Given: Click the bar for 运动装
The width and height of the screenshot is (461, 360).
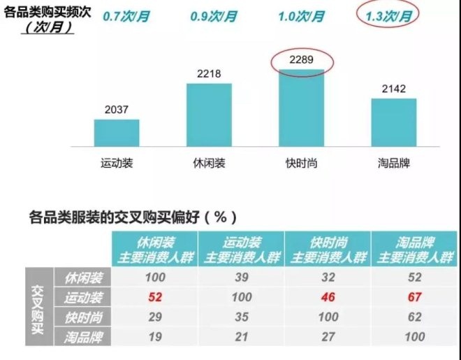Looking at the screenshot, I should [117, 133].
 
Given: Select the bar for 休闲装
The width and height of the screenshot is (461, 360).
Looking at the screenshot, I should [209, 115].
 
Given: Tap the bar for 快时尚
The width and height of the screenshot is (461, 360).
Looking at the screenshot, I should [302, 108].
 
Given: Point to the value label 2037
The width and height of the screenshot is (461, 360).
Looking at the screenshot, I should [117, 109].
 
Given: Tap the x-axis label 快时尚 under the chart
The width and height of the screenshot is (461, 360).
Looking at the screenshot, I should [302, 164].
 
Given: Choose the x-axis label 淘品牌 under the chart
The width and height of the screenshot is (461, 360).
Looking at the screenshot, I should [393, 164].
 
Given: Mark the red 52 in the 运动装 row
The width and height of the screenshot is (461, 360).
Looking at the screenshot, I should [155, 297].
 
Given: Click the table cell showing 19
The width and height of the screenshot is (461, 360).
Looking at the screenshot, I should [155, 337].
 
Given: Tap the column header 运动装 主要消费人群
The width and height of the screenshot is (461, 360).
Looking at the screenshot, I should [242, 249].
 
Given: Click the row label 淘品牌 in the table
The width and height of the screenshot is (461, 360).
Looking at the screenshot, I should [83, 337].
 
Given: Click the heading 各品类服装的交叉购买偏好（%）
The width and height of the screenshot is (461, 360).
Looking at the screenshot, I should [133, 217].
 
